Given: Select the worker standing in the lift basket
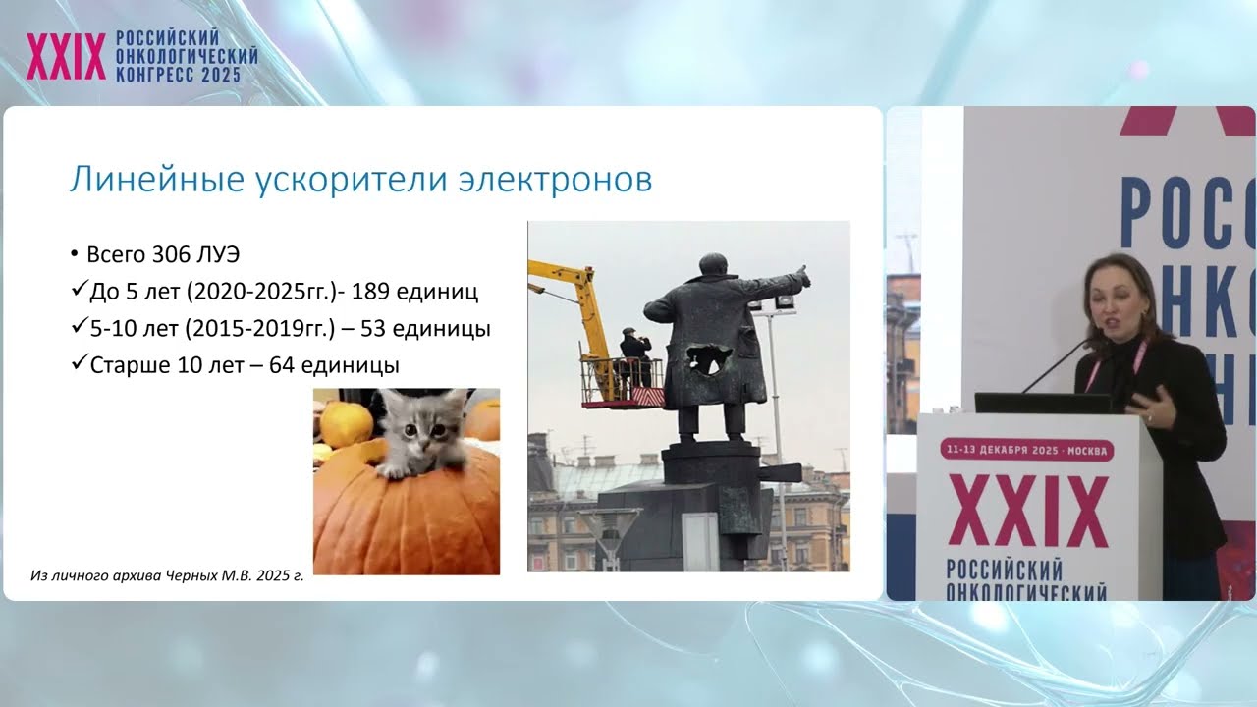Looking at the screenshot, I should tap(634, 353).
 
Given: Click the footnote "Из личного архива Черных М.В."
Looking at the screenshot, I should tap(167, 576).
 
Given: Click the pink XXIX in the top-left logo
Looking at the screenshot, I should tap(66, 57).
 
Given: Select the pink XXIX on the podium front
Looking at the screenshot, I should tap(1027, 511).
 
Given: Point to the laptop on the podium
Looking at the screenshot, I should tap(1041, 403).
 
